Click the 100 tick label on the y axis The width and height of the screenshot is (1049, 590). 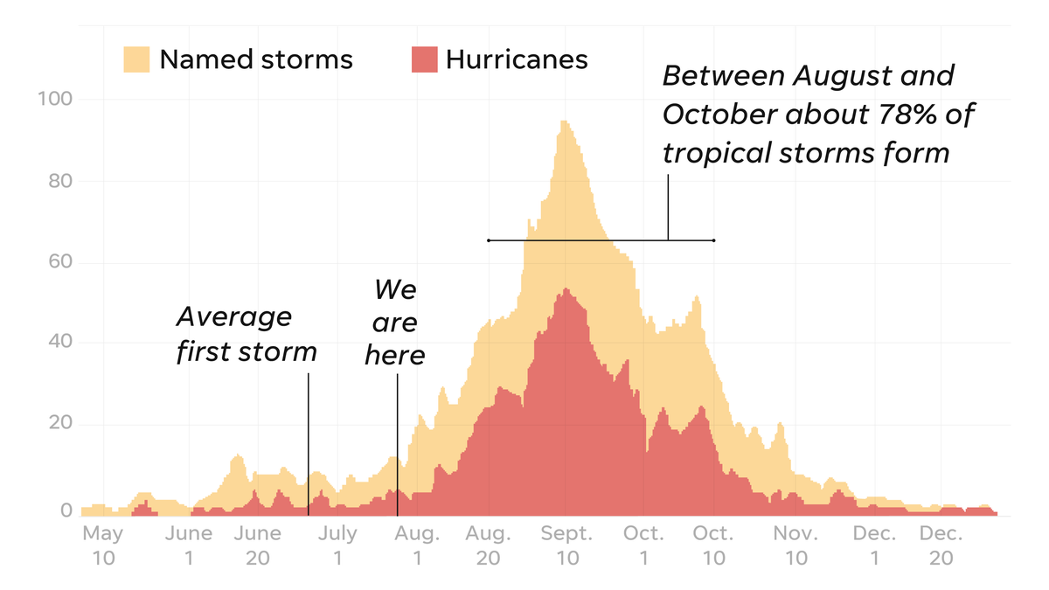point(55,99)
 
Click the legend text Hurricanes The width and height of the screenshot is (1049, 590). point(517,59)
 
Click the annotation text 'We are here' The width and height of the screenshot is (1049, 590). point(395,323)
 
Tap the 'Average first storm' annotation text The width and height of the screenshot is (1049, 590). point(246,335)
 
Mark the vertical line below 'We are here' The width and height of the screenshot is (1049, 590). point(397,437)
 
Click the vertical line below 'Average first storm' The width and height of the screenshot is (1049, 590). point(308,437)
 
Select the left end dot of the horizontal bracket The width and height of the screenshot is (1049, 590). point(489,240)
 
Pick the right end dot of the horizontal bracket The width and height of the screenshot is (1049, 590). point(714,240)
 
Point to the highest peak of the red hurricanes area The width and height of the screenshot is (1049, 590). point(566,289)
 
